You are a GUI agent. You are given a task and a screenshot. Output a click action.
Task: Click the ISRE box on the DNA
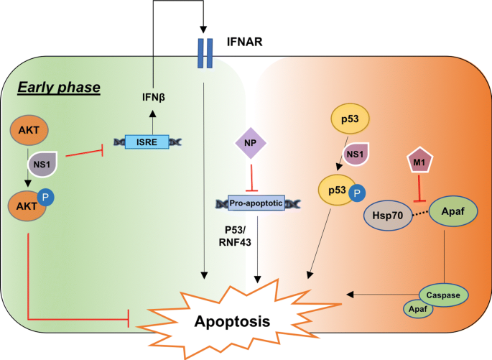coord(147,142)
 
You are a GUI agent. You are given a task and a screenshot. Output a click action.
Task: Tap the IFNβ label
coord(154,97)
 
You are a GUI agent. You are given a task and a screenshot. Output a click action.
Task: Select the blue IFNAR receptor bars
coord(205,53)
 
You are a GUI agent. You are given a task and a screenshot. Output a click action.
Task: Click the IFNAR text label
coord(244,42)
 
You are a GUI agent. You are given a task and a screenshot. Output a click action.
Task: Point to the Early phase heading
coord(59,87)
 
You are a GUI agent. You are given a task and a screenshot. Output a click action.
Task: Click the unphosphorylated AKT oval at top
coord(29,129)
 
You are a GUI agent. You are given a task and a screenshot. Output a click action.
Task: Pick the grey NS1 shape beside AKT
coord(42,164)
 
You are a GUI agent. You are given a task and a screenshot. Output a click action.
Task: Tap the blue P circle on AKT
coord(46,198)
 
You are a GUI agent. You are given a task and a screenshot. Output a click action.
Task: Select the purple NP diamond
coord(251,143)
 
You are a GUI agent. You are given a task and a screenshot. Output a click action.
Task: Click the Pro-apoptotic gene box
coord(256,203)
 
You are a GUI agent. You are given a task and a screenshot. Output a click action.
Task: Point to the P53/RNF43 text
coord(235,236)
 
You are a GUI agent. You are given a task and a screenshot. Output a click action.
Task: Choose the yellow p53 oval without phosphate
coord(351,119)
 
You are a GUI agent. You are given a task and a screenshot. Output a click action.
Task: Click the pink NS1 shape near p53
coord(356,154)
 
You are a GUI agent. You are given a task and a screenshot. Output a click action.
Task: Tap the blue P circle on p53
coord(357,193)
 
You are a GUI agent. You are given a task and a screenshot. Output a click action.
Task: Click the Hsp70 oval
coord(388,216)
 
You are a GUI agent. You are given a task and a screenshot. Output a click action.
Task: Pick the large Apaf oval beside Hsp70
coord(453,211)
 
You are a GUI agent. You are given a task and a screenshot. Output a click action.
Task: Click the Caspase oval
coord(443,295)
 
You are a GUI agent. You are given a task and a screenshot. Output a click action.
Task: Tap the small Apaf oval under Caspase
coord(418,309)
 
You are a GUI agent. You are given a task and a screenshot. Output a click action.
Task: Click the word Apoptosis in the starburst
coord(232,321)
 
